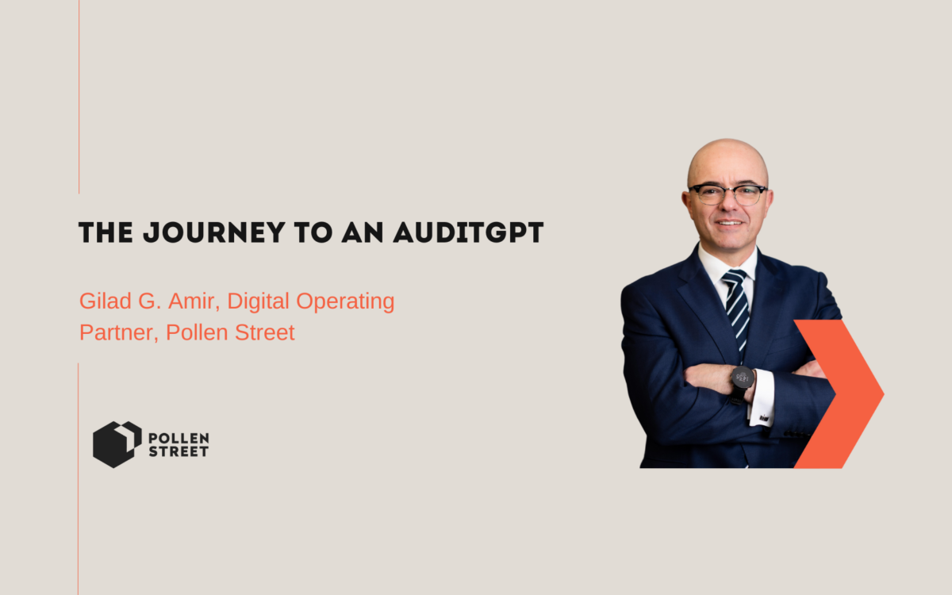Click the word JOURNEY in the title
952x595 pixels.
click(x=213, y=232)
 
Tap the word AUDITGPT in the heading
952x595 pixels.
click(x=468, y=232)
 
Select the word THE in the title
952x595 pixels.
click(x=106, y=232)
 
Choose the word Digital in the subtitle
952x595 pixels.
click(x=259, y=301)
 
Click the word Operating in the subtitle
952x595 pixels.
click(x=345, y=301)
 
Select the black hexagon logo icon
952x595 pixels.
click(x=117, y=444)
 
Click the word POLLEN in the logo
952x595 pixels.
click(x=178, y=438)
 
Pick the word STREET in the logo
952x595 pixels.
click(x=178, y=451)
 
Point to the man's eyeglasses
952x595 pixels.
click(x=728, y=194)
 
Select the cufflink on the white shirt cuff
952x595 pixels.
click(x=763, y=419)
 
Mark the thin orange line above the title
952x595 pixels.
click(x=79, y=97)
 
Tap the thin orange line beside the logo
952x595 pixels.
click(x=79, y=479)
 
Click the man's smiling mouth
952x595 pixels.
click(x=729, y=222)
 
